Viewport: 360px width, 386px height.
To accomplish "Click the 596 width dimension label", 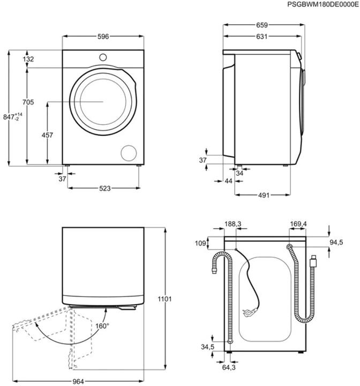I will [x=103, y=36].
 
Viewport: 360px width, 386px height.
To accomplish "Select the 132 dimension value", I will [x=29, y=59].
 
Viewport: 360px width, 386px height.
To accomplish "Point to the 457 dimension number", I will [x=47, y=136].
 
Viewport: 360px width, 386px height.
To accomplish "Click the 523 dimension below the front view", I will [x=105, y=188].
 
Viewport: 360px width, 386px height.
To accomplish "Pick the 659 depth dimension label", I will [x=261, y=25].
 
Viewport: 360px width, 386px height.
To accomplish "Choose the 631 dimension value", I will [x=261, y=36].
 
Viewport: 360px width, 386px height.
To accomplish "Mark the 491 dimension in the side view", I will [x=263, y=195].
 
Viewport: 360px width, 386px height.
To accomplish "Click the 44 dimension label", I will [x=229, y=182].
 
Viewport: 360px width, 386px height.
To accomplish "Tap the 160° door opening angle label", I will [x=102, y=325].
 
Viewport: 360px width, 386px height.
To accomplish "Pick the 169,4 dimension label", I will [x=298, y=224].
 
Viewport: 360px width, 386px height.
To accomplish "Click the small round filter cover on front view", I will [x=129, y=152].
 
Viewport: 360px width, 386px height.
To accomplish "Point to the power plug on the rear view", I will [x=249, y=311].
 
